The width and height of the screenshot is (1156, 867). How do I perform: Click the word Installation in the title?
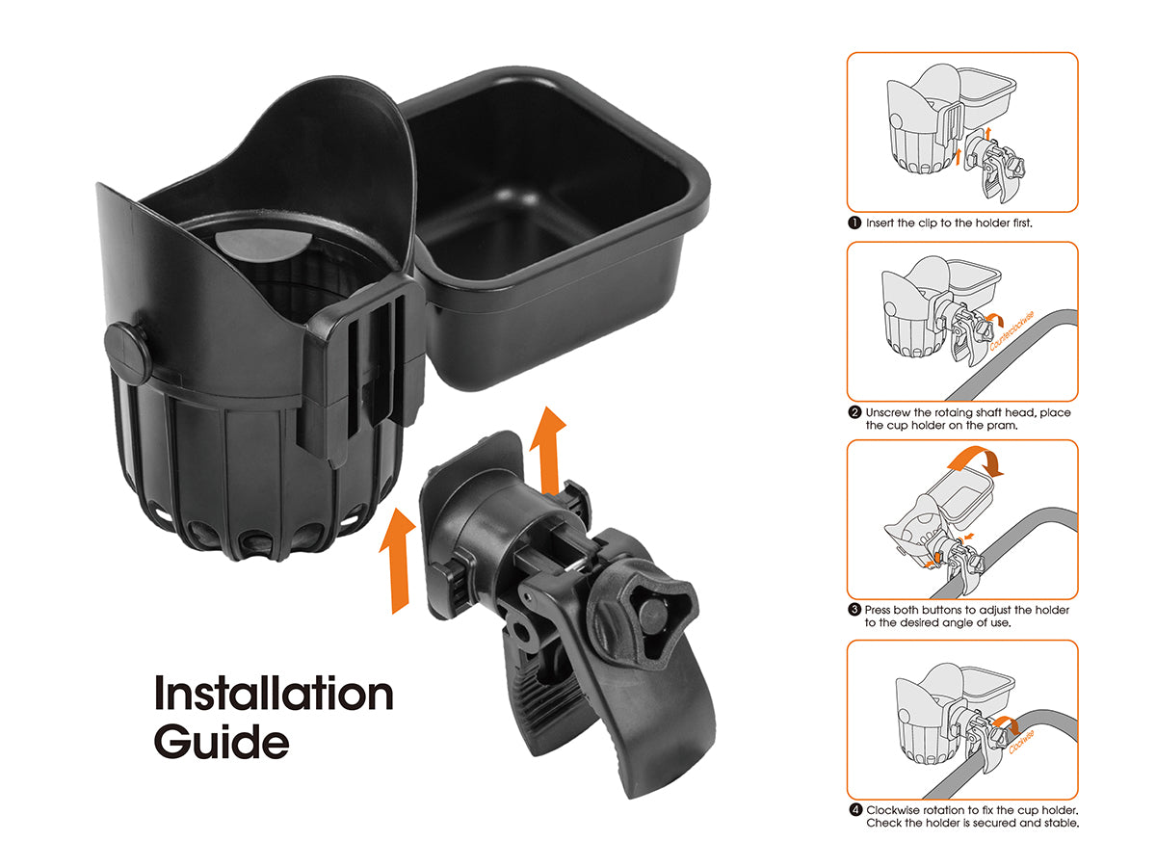point(274,694)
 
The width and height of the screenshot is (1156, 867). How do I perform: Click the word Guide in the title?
point(221,742)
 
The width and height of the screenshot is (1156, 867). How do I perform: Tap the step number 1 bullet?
point(854,223)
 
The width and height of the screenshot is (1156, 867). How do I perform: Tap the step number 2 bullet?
point(854,412)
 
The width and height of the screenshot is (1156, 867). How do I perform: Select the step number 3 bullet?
point(854,610)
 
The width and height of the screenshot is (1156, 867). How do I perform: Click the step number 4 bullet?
point(854,810)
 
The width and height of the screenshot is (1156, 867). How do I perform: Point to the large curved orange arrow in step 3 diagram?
point(974,459)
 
